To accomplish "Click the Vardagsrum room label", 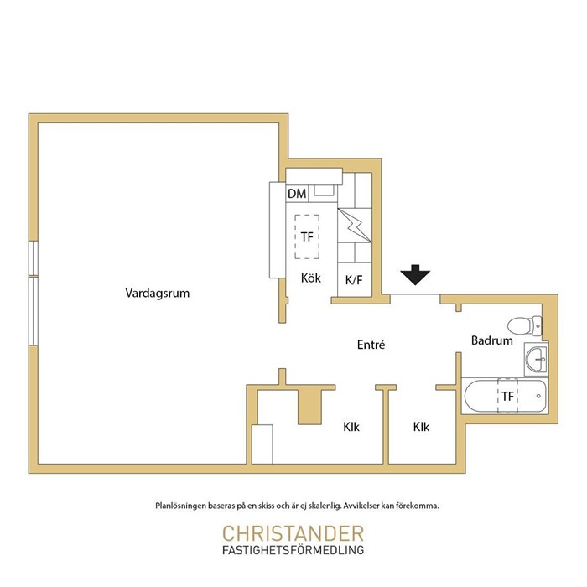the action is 158,293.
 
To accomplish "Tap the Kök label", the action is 311,278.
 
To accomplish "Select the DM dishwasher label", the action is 297,194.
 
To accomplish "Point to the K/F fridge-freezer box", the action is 355,279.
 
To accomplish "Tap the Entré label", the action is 371,345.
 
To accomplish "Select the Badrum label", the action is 492,340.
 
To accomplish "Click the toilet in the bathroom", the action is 525,325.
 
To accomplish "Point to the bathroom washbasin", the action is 537,359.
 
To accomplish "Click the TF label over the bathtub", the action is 507,396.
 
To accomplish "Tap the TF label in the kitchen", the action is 307,236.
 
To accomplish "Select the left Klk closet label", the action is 351,427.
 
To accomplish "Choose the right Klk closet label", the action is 421,427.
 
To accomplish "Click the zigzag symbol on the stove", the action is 355,226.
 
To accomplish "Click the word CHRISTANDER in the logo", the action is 293,533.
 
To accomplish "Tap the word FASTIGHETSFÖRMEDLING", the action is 293,550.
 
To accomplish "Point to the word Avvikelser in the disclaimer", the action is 361,506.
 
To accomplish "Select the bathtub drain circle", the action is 538,396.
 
